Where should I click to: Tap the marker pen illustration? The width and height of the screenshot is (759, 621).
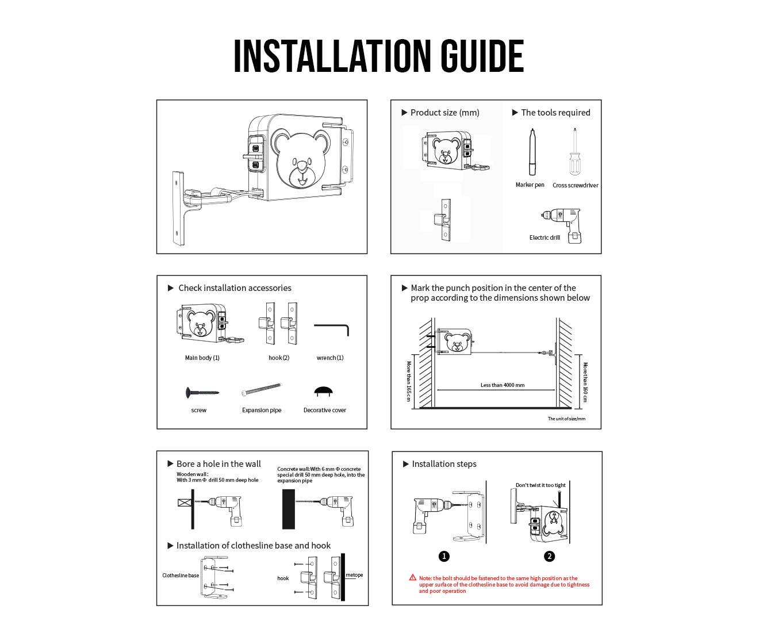coord(532,152)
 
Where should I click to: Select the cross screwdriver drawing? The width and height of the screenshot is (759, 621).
coord(575,152)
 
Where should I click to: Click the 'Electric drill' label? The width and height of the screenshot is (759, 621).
coord(545,237)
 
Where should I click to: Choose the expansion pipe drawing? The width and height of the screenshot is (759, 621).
coord(261,389)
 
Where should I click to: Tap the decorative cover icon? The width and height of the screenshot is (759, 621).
coord(323,392)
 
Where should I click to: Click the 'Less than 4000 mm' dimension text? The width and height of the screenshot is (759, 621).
coord(503,385)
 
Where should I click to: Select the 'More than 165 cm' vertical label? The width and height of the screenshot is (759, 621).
coord(408,381)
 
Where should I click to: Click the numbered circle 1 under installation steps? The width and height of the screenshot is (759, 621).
coord(444,556)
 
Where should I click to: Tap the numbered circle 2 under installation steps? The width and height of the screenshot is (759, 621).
coord(549,556)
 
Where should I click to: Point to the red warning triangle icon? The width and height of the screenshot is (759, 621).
coord(413,578)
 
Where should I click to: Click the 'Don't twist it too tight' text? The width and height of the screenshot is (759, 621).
coord(540,485)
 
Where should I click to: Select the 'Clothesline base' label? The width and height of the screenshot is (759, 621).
coord(181,575)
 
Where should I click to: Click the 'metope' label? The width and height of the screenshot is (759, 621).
coord(354,575)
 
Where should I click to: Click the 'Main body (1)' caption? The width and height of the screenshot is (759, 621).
coord(202,358)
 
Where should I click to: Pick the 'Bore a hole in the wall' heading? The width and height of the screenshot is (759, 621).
coord(218,463)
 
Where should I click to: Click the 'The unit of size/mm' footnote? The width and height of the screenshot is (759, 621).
coord(566,419)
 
